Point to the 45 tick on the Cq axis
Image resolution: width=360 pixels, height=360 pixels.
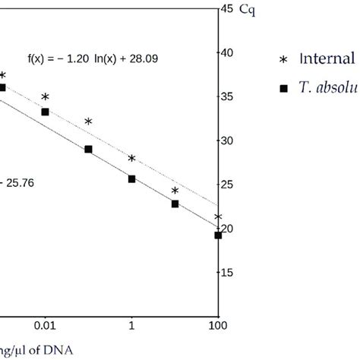click(x=227, y=9)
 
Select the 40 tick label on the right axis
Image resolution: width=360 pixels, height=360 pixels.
click(x=227, y=52)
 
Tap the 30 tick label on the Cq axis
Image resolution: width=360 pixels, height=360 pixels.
click(x=227, y=141)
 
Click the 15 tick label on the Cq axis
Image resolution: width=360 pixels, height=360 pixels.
click(x=227, y=273)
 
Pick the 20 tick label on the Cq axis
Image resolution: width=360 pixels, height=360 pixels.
click(x=227, y=229)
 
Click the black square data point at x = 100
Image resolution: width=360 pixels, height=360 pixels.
click(x=218, y=235)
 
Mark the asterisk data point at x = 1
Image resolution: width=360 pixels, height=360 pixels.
click(x=131, y=159)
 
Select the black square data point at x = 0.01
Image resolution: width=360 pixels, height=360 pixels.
click(x=45, y=112)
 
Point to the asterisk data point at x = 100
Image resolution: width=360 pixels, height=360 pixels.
click(x=218, y=218)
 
